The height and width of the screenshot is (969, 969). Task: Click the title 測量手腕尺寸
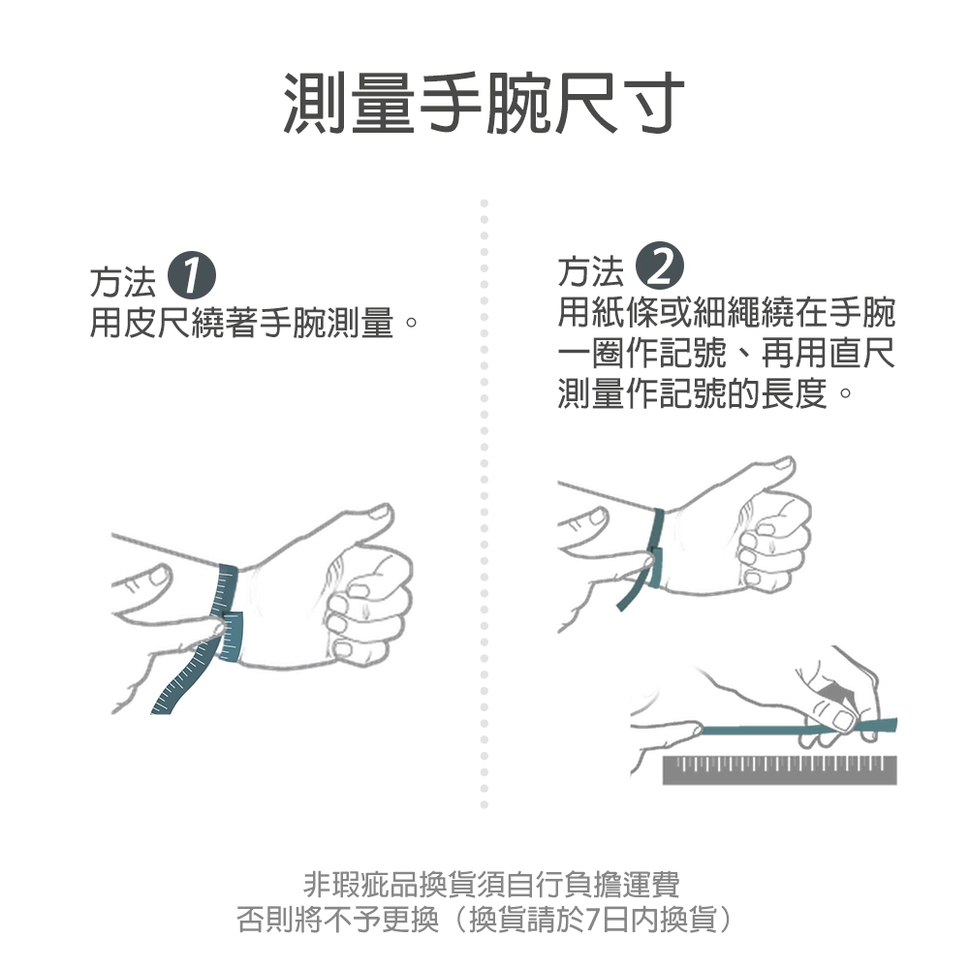(484, 103)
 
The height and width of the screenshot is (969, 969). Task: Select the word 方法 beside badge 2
(590, 272)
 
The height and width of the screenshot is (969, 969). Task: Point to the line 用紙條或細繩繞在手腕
(726, 313)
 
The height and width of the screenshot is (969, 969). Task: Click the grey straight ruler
(779, 769)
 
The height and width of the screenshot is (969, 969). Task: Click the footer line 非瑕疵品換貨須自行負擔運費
(491, 884)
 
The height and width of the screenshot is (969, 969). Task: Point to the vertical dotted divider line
(484, 504)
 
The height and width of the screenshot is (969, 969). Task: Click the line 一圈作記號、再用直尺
(726, 354)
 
